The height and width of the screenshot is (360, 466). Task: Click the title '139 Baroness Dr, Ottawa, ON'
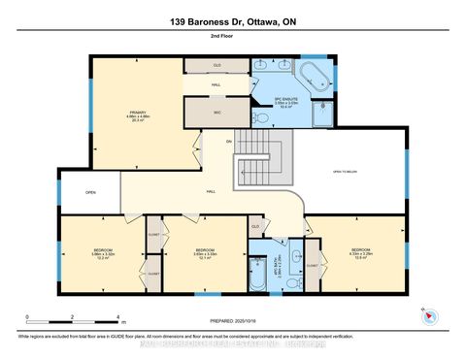pyautogui.click(x=232, y=20)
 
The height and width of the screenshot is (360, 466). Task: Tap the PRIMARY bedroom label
pyautogui.click(x=138, y=115)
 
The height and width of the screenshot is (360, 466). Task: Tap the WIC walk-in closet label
pyautogui.click(x=218, y=113)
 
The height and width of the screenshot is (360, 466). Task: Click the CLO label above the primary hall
pyautogui.click(x=218, y=66)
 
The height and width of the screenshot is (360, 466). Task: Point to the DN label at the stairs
pyautogui.click(x=229, y=142)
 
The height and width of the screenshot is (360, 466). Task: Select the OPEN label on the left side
pyautogui.click(x=89, y=191)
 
